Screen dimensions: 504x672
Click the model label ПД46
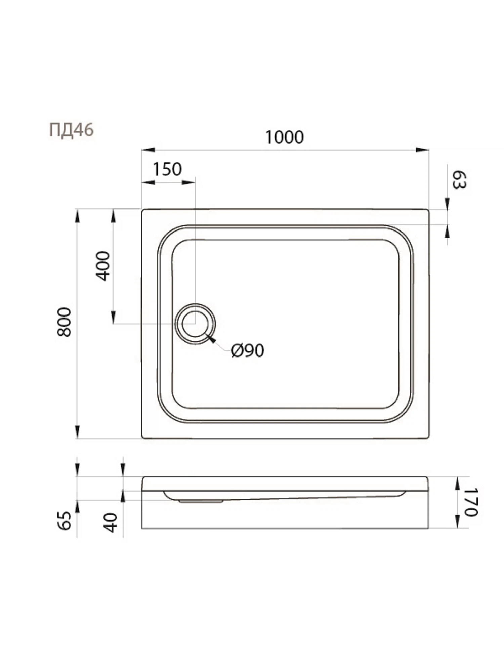pyautogui.click(x=72, y=130)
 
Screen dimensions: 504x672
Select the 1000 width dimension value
pyautogui.click(x=285, y=137)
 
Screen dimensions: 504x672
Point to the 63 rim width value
pyautogui.click(x=459, y=180)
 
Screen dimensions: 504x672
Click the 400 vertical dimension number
pyautogui.click(x=103, y=266)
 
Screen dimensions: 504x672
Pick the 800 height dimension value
pyautogui.click(x=64, y=322)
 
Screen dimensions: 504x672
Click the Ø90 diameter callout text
pyautogui.click(x=248, y=351)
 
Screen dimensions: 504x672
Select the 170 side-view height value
pyautogui.click(x=470, y=502)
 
